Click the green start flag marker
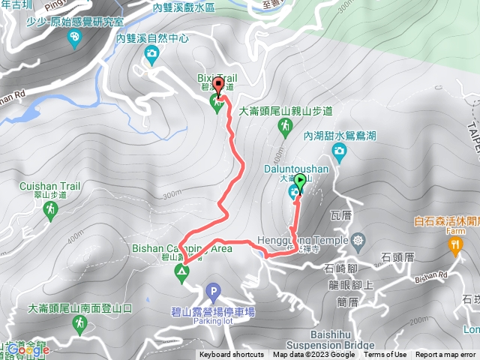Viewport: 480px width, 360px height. tap(301, 181)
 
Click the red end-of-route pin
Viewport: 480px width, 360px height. tap(218, 85)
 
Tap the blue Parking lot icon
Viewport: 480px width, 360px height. tap(213, 291)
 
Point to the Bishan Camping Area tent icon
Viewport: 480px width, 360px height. tap(181, 272)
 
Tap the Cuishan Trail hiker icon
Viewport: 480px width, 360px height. tap(50, 212)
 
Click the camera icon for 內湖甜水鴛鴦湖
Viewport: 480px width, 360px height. tap(339, 153)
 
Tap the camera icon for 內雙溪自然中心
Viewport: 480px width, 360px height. tap(151, 53)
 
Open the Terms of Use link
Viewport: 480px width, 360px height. tap(385, 355)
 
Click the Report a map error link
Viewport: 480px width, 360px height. tap(446, 355)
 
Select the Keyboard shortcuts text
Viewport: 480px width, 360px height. tap(232, 355)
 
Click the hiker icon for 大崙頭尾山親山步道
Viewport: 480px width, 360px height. tap(285, 128)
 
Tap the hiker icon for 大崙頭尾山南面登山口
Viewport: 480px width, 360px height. tap(79, 323)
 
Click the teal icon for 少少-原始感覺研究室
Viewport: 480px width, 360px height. tap(74, 38)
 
